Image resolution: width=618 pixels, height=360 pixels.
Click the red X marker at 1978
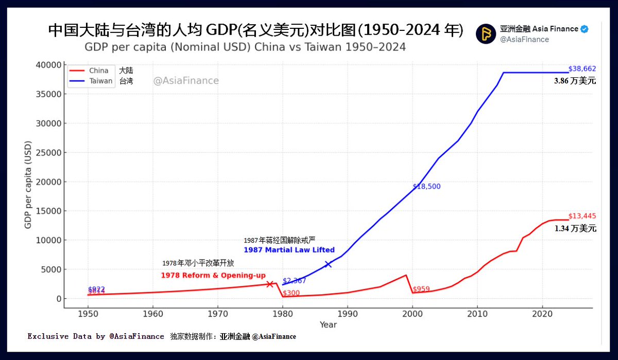tap(269, 284)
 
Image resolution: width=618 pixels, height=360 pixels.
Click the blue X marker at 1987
tap(328, 264)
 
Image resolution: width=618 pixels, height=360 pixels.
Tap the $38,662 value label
tap(582, 68)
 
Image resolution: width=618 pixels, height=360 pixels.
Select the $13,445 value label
tap(582, 216)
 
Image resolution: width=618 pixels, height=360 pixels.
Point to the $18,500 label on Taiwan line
tap(426, 186)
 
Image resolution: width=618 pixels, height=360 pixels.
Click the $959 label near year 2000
tap(421, 289)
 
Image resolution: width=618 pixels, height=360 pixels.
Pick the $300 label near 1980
tap(291, 293)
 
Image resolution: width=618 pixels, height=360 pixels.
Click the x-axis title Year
tap(328, 324)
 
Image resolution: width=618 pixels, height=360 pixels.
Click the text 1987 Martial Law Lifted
tap(289, 250)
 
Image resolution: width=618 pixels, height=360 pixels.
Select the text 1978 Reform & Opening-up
tap(213, 276)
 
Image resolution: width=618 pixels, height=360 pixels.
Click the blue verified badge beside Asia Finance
tap(585, 29)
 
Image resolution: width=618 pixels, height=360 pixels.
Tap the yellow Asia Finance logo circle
tap(486, 34)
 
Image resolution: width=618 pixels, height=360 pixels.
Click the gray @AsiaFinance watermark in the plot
tap(186, 81)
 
